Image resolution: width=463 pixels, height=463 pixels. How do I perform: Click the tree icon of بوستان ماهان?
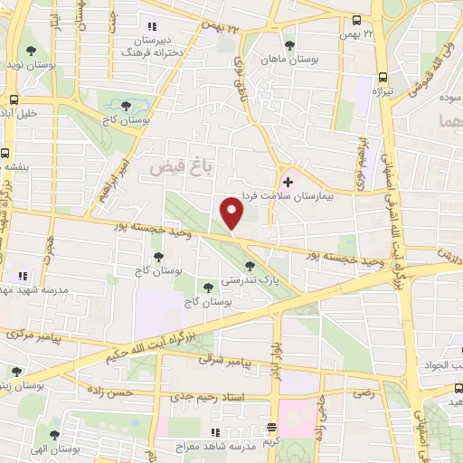click(289, 43)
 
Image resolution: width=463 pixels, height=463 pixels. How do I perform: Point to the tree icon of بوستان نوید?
click(32, 51)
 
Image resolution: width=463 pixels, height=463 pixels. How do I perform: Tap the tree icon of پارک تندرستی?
click(250, 266)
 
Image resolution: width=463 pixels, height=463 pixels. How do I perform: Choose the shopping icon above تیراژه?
click(382, 77)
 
